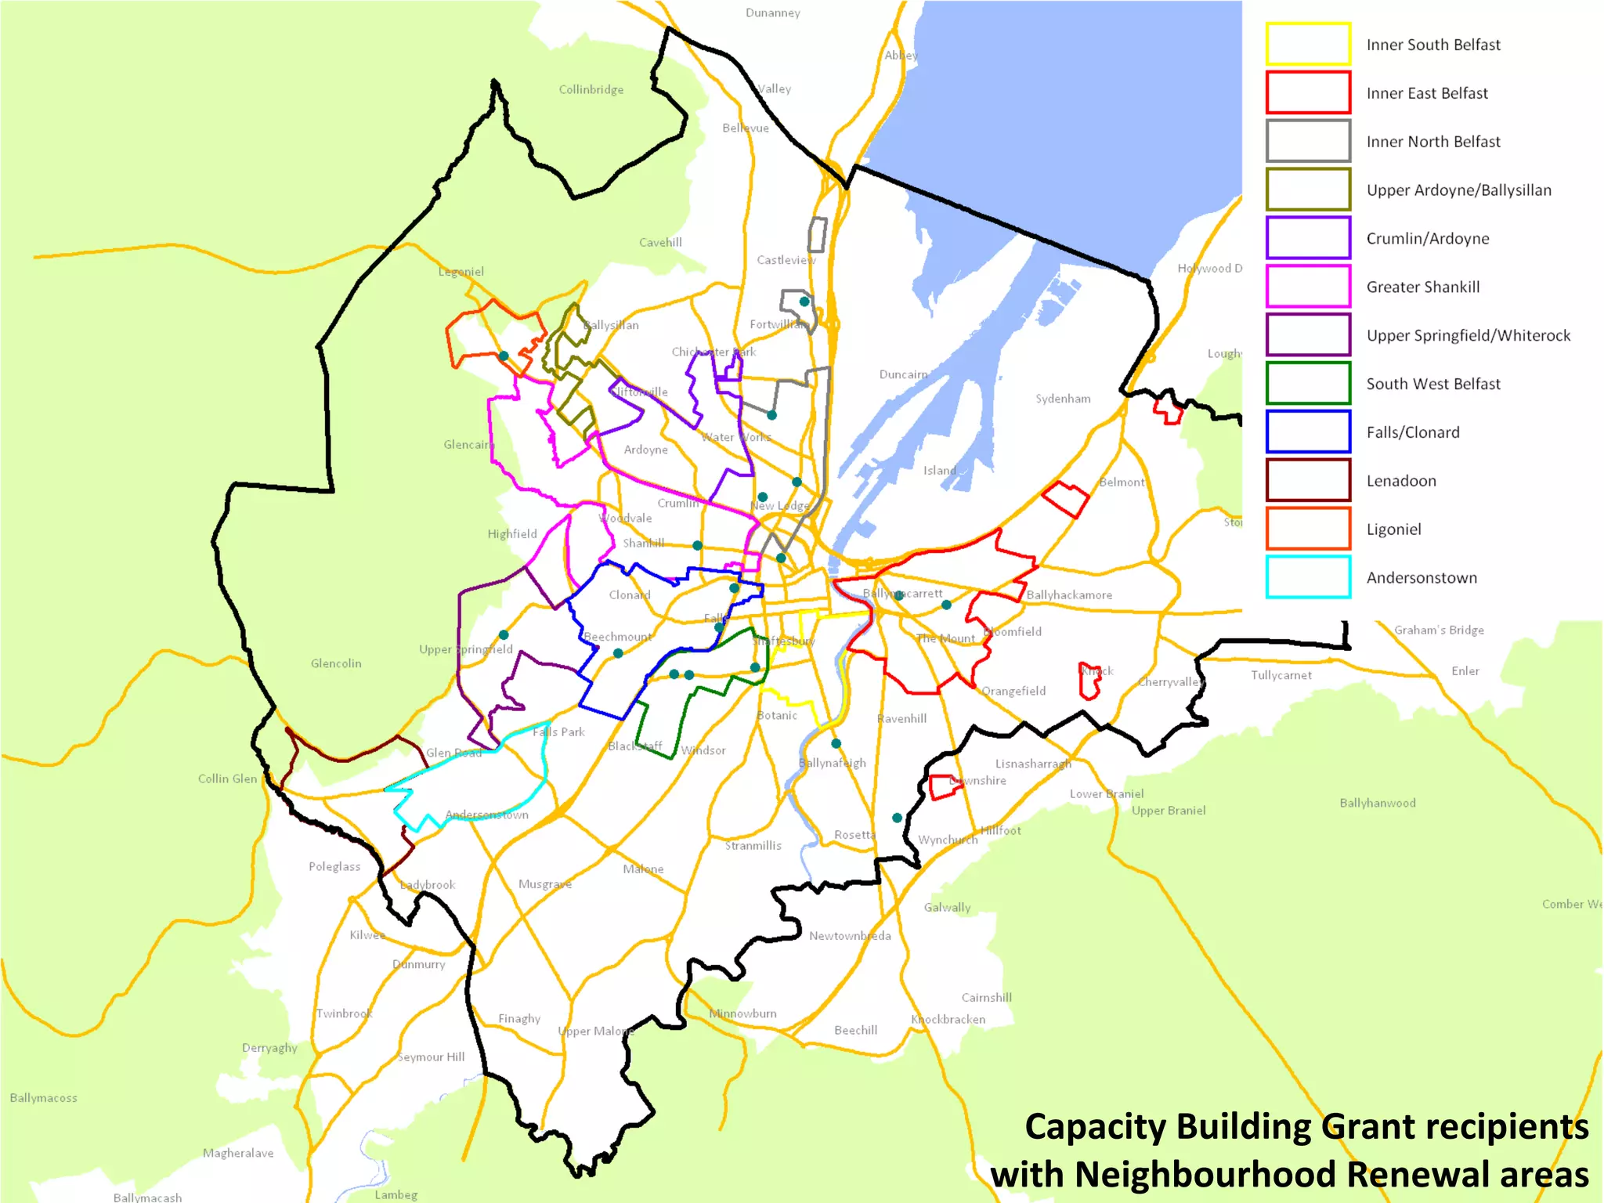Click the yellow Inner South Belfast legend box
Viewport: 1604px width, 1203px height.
click(1308, 44)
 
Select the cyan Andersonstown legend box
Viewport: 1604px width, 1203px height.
click(1308, 577)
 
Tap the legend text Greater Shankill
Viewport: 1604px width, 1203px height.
click(1422, 287)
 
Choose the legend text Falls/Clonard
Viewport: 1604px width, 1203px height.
click(1412, 432)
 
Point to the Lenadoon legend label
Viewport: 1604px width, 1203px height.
click(1400, 481)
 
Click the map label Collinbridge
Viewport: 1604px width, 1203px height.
click(591, 89)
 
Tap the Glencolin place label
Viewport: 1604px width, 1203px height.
click(336, 663)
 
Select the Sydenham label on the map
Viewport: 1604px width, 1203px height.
click(1063, 399)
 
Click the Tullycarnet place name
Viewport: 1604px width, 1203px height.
click(1281, 675)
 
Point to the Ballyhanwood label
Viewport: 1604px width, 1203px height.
click(1377, 803)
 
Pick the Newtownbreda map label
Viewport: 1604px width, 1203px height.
click(850, 936)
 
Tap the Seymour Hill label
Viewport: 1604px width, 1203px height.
click(431, 1057)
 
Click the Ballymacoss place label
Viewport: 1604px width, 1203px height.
click(44, 1098)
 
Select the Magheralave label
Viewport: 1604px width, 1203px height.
click(238, 1153)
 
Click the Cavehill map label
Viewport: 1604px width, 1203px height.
click(660, 243)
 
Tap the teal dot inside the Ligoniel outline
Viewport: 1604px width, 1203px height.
click(504, 356)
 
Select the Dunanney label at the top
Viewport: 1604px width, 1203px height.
click(772, 13)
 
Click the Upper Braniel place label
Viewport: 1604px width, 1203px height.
click(1168, 811)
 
